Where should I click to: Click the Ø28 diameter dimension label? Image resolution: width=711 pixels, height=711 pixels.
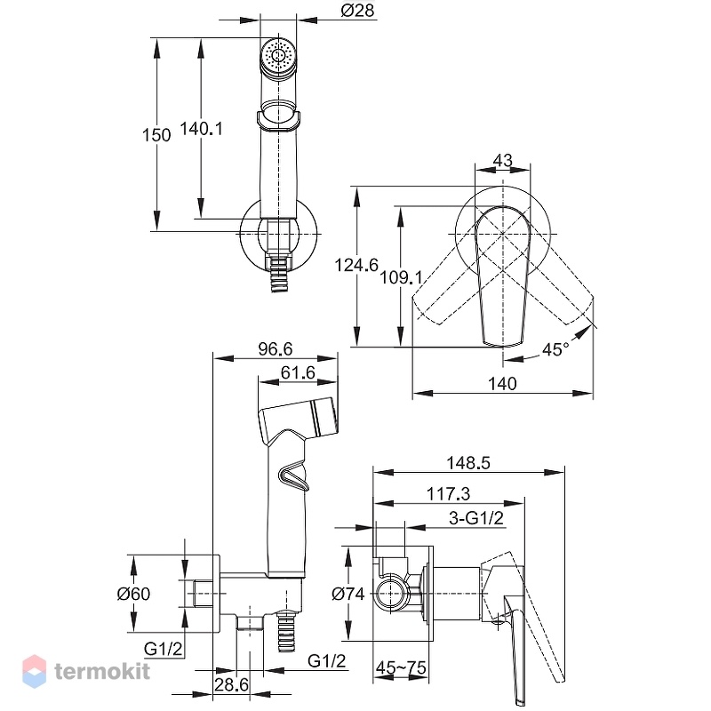pyautogui.click(x=358, y=10)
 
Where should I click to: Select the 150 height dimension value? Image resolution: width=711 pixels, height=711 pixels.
pyautogui.click(x=156, y=135)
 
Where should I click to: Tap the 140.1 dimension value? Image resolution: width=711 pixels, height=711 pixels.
pyautogui.click(x=202, y=129)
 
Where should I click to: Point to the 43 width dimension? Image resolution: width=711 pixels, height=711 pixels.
pyautogui.click(x=502, y=160)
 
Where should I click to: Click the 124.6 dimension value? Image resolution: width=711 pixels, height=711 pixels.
pyautogui.click(x=356, y=265)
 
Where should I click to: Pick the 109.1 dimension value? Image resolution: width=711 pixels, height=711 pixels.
pyautogui.click(x=401, y=277)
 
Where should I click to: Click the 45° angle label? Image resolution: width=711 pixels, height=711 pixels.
pyautogui.click(x=555, y=349)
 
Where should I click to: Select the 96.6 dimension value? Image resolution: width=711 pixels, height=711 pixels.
pyautogui.click(x=276, y=348)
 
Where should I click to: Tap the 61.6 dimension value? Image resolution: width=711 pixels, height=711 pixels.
pyautogui.click(x=298, y=372)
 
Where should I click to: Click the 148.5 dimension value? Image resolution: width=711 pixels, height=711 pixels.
pyautogui.click(x=468, y=463)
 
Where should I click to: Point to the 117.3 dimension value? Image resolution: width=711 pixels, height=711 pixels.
pyautogui.click(x=448, y=494)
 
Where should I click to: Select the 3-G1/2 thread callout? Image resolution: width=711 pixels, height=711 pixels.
pyautogui.click(x=476, y=518)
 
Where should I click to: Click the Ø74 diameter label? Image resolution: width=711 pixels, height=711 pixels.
pyautogui.click(x=348, y=594)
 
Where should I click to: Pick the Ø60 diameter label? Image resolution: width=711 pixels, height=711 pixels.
pyautogui.click(x=133, y=594)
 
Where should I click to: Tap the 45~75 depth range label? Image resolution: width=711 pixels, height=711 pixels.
pyautogui.click(x=401, y=667)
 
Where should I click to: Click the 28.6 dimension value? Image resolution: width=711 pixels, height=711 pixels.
pyautogui.click(x=231, y=684)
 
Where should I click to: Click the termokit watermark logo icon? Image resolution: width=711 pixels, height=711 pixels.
pyautogui.click(x=34, y=672)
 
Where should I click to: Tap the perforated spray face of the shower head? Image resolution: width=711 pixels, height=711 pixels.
pyautogui.click(x=278, y=56)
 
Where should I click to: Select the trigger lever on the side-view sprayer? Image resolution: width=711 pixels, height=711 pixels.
pyautogui.click(x=293, y=476)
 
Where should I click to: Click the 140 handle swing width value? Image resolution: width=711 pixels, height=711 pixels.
pyautogui.click(x=502, y=384)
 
